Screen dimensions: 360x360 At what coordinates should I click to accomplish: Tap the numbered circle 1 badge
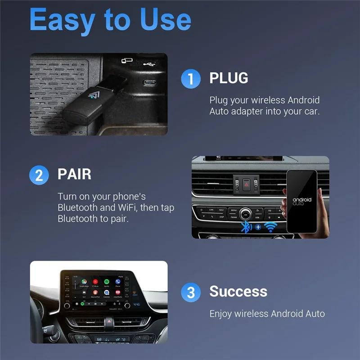190,79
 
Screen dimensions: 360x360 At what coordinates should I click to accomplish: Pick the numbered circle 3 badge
190,293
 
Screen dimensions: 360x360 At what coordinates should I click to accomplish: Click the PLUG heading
229,78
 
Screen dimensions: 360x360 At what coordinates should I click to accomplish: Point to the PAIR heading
74,174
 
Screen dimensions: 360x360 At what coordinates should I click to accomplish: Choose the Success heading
238,292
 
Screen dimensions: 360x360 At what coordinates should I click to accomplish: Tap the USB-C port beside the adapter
148,82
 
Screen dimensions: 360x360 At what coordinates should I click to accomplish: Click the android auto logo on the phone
301,201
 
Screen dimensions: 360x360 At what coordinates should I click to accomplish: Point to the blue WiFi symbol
270,227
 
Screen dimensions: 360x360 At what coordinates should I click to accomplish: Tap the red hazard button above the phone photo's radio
246,184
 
